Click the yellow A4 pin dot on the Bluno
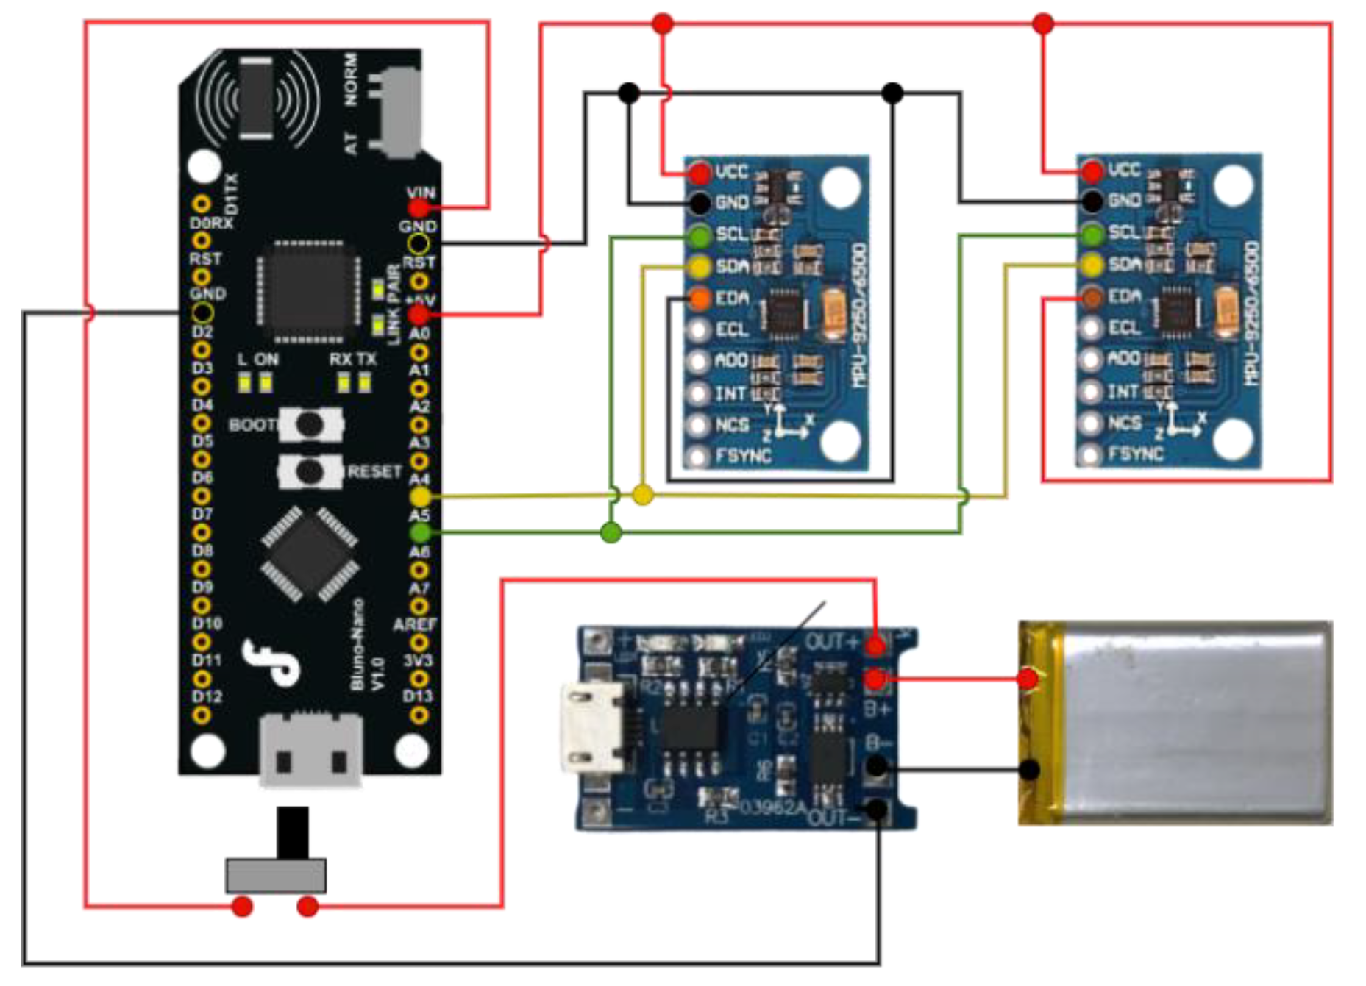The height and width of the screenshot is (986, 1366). point(420,497)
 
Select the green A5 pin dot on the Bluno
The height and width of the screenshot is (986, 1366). point(420,532)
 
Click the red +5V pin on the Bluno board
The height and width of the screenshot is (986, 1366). point(419,315)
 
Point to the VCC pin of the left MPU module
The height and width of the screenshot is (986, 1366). point(700,174)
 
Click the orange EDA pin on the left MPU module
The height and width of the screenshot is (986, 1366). point(700,299)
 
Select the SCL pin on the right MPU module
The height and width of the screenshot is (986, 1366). point(1093,235)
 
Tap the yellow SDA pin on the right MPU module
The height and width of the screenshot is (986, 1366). point(1093,265)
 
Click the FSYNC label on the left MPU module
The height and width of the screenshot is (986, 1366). point(744,457)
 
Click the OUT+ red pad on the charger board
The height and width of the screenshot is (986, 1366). point(875,646)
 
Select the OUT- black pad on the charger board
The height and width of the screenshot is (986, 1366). point(877,810)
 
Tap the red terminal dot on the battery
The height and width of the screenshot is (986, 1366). point(1028,678)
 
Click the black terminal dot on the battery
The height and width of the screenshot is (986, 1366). point(1030,770)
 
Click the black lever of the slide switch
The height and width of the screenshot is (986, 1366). point(293,832)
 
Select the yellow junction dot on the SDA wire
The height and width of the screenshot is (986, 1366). point(643,495)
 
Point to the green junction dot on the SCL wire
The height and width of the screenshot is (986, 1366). point(611,532)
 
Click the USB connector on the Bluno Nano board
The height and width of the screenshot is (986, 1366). point(310,750)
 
